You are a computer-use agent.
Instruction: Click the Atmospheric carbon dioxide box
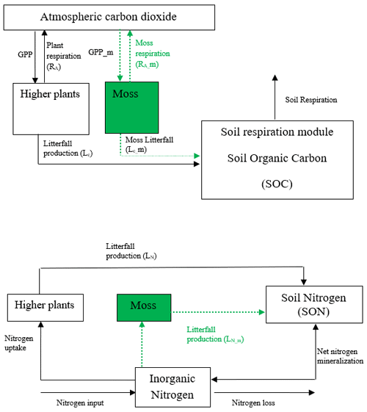[x=109, y=18]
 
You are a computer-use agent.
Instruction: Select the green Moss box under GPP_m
[x=132, y=107]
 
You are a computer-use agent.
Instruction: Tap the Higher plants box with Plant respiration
[x=51, y=109]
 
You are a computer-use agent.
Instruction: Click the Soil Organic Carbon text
[x=277, y=158]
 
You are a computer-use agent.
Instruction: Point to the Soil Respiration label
[x=311, y=100]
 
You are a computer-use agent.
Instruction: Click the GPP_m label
[x=101, y=52]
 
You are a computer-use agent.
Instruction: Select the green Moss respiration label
[x=153, y=54]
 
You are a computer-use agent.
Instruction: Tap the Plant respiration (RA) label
[x=64, y=56]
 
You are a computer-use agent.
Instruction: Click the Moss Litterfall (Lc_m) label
[x=149, y=144]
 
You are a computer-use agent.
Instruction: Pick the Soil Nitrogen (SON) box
[x=314, y=305]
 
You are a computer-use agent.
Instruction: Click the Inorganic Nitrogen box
[x=172, y=387]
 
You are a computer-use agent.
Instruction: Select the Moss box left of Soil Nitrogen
[x=144, y=308]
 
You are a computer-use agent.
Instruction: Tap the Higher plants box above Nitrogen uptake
[x=46, y=308]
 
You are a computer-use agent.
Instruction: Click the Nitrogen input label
[x=80, y=402]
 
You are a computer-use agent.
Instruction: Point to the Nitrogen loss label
[x=253, y=402]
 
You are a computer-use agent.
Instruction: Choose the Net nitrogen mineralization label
[x=341, y=356]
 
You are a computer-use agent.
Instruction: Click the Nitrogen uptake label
[x=19, y=343]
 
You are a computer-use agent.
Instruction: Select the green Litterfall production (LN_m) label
[x=215, y=334]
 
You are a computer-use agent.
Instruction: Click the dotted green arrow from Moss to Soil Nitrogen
[x=217, y=312]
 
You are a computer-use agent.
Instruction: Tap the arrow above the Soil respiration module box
[x=275, y=97]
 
